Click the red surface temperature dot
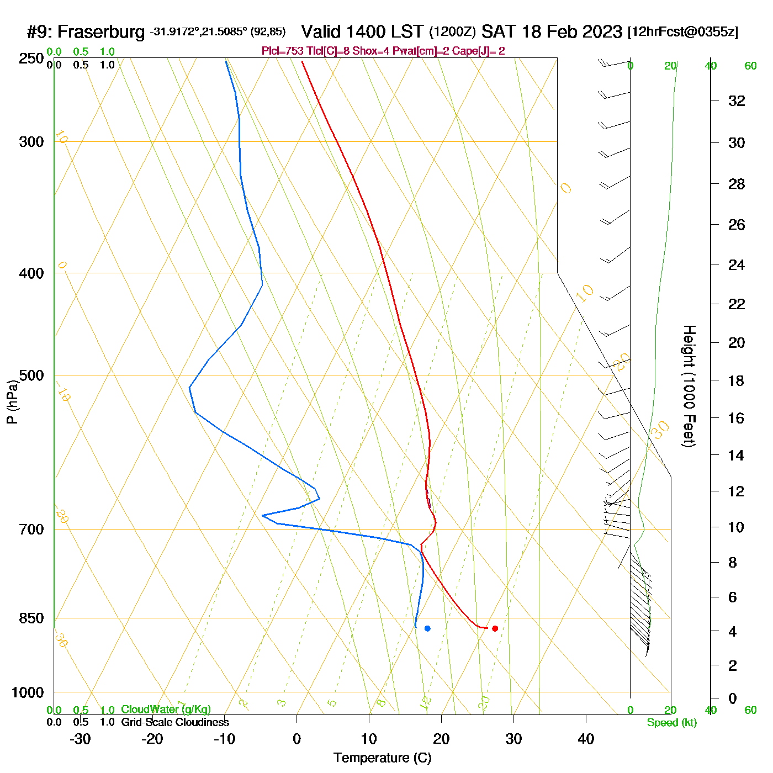click(x=495, y=628)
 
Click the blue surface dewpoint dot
click(x=427, y=628)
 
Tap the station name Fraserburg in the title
click(x=101, y=32)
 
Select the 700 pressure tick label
click(x=31, y=530)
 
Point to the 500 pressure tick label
click(x=31, y=375)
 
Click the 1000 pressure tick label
click(x=28, y=692)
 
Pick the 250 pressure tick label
click(x=31, y=59)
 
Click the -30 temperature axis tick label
click(x=80, y=739)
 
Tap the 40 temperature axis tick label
click(x=586, y=739)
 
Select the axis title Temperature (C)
click(x=382, y=758)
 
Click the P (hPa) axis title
click(x=12, y=402)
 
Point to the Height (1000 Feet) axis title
click(x=689, y=386)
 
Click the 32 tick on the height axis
click(x=737, y=100)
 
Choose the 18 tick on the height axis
click(x=737, y=380)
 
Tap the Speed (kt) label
click(x=671, y=723)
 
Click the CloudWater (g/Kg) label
click(x=166, y=710)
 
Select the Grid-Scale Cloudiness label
click(x=175, y=722)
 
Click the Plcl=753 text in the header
click(x=282, y=51)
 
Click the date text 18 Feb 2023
click(x=571, y=32)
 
